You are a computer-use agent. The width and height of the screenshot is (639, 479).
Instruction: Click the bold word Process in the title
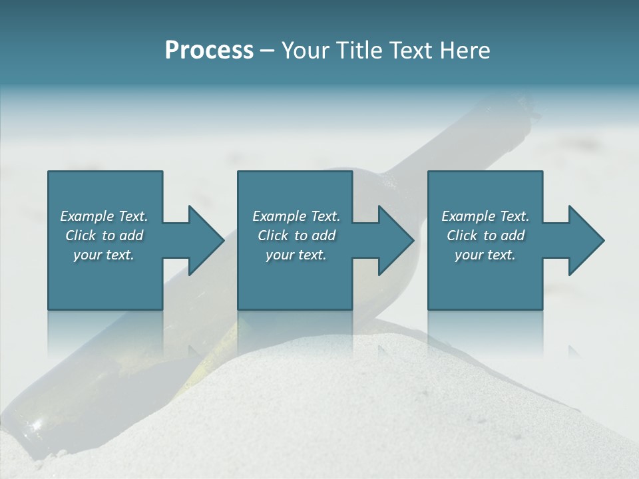(209, 51)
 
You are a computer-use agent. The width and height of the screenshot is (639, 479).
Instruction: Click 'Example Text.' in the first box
(104, 216)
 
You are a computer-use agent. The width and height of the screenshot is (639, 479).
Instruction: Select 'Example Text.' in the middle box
(296, 216)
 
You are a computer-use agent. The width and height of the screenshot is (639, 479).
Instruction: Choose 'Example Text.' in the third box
(485, 216)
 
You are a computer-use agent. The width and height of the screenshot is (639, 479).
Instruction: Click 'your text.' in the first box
(104, 255)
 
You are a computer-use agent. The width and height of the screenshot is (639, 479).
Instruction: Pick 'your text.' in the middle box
(296, 255)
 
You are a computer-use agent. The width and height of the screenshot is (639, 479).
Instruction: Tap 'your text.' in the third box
(485, 255)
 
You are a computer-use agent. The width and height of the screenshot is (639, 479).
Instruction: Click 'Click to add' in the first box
(104, 236)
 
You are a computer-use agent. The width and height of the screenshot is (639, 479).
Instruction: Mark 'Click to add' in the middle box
(296, 236)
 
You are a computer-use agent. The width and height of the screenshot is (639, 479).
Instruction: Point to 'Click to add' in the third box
(485, 236)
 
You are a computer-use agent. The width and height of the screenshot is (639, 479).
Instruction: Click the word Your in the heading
(303, 51)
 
